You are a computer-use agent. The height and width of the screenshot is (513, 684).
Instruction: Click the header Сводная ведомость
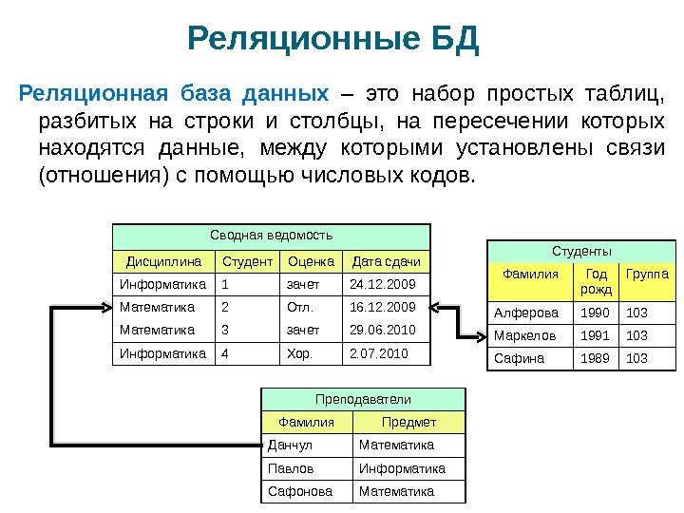271,234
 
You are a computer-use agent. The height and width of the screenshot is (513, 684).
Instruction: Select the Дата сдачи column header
386,260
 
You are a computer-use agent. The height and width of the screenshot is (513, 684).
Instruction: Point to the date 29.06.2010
383,331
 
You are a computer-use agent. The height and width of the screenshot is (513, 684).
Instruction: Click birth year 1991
591,335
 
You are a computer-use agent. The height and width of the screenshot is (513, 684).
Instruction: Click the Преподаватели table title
364,400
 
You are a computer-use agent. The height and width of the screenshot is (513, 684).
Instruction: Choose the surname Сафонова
300,491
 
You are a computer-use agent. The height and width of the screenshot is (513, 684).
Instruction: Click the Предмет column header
408,423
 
